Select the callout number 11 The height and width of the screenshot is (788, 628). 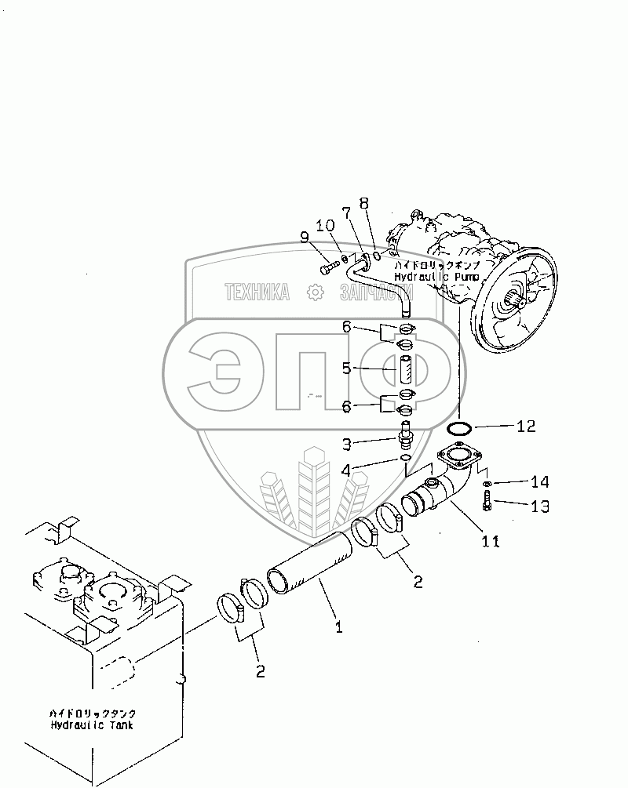(x=490, y=540)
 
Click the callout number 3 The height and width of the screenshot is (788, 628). (x=345, y=445)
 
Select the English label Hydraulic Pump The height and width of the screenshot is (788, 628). (x=425, y=277)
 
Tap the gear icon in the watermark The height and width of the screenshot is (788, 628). (x=316, y=292)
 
